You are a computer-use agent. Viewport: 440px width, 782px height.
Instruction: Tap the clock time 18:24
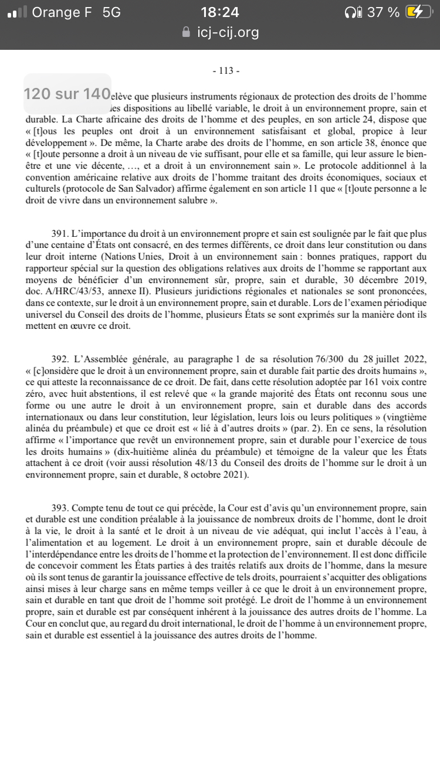(220, 12)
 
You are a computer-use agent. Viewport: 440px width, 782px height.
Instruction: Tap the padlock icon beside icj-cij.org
(187, 32)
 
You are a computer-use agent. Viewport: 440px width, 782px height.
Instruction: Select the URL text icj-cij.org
(228, 32)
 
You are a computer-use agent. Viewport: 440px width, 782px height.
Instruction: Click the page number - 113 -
(225, 71)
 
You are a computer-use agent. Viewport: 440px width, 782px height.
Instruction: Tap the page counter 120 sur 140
(67, 93)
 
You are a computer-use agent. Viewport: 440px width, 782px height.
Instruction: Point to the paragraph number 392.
(61, 358)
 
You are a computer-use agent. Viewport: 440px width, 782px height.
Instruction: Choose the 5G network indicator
(111, 12)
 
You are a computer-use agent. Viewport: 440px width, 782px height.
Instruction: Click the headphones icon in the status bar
(353, 12)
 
